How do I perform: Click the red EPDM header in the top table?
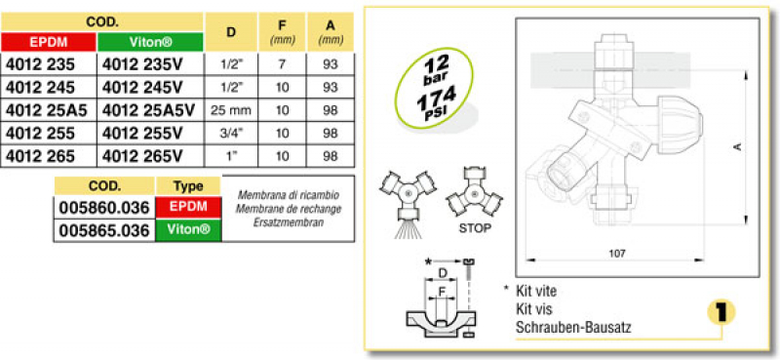click(x=49, y=42)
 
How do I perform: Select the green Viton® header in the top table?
click(x=150, y=42)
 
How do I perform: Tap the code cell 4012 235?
click(x=40, y=64)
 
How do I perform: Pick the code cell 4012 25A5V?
click(x=149, y=110)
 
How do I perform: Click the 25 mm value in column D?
click(x=231, y=110)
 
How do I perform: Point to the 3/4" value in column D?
click(x=231, y=134)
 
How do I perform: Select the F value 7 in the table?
click(x=282, y=64)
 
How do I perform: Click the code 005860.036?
click(x=104, y=208)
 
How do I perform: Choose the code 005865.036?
click(x=104, y=230)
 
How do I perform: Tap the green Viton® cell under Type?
click(x=188, y=230)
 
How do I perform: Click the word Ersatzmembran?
click(x=288, y=222)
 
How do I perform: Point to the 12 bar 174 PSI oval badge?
click(x=433, y=89)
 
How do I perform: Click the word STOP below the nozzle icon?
click(x=475, y=228)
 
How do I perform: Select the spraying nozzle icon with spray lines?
click(x=408, y=203)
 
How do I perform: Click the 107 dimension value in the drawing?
click(x=617, y=253)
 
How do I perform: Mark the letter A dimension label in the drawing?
click(x=738, y=147)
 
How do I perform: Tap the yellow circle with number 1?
click(x=721, y=312)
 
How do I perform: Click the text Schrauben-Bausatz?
click(x=573, y=328)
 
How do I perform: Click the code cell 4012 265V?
click(x=142, y=156)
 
